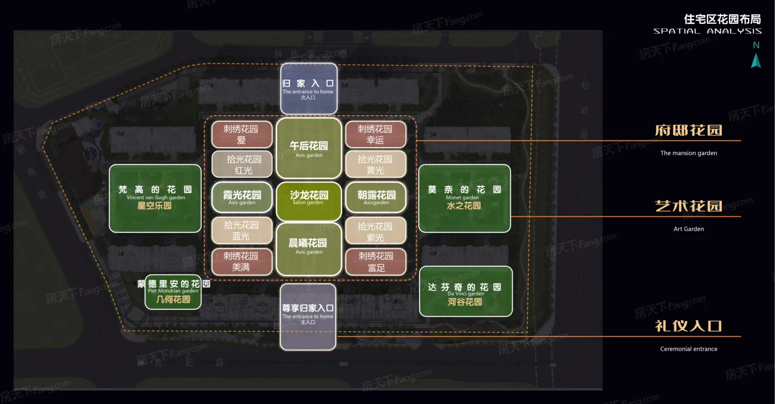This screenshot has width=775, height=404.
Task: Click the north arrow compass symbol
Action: pos(756,60)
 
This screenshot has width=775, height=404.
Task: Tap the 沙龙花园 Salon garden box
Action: pos(309,198)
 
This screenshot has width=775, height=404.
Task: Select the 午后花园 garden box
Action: pos(309,148)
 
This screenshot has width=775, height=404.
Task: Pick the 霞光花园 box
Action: pos(242,198)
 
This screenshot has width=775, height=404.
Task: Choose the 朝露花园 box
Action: pos(376,198)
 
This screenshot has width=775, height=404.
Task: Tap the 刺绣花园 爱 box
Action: pos(242,134)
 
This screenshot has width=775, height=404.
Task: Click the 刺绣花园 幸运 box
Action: pos(376,134)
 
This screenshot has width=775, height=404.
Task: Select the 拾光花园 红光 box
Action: pos(242,164)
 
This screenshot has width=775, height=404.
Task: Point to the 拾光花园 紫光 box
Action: pos(376,231)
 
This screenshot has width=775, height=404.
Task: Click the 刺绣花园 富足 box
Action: pos(376,262)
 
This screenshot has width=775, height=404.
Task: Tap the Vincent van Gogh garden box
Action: pos(155,198)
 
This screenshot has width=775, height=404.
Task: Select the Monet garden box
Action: pos(464,198)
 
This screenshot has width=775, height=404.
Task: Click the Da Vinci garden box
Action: pos(466,291)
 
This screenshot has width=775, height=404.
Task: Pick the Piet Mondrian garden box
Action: pos(173,292)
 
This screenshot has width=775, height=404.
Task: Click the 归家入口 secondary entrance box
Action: pos(308,89)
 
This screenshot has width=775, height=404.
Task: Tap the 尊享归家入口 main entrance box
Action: pos(308,317)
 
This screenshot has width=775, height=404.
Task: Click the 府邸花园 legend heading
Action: pos(689,131)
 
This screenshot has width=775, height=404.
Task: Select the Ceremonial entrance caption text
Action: pos(689,349)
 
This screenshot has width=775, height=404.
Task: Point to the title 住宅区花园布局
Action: pos(722,19)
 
